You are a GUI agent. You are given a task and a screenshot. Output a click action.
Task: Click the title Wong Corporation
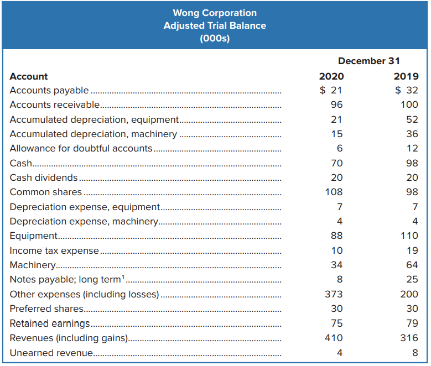(x=215, y=13)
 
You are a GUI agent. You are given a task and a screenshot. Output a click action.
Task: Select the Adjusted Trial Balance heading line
(x=215, y=25)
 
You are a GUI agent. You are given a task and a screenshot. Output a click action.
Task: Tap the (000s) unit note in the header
(x=215, y=39)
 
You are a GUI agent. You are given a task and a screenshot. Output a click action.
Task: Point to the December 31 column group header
(x=368, y=61)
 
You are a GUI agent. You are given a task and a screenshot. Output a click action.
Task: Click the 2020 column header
(x=331, y=76)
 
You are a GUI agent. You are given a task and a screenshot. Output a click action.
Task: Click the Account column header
(x=29, y=76)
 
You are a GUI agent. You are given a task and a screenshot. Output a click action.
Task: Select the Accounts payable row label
(x=49, y=90)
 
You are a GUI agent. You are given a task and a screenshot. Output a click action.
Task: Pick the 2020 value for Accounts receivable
(x=336, y=104)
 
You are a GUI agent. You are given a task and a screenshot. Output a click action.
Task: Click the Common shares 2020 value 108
(x=334, y=192)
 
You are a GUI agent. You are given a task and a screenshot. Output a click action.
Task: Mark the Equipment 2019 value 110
(x=409, y=236)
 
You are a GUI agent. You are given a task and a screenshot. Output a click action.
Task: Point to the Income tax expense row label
(x=54, y=250)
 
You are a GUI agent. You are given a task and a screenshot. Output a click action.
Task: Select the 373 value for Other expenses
(x=334, y=294)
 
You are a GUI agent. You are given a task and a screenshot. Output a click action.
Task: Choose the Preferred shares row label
(x=46, y=309)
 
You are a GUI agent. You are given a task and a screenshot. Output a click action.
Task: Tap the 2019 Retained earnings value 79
(x=412, y=323)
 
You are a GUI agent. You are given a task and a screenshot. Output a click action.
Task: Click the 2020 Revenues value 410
(x=334, y=338)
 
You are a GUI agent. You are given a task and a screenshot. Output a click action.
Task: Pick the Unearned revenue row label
(x=50, y=353)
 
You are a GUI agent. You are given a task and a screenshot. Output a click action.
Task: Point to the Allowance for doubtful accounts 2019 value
(x=412, y=148)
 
